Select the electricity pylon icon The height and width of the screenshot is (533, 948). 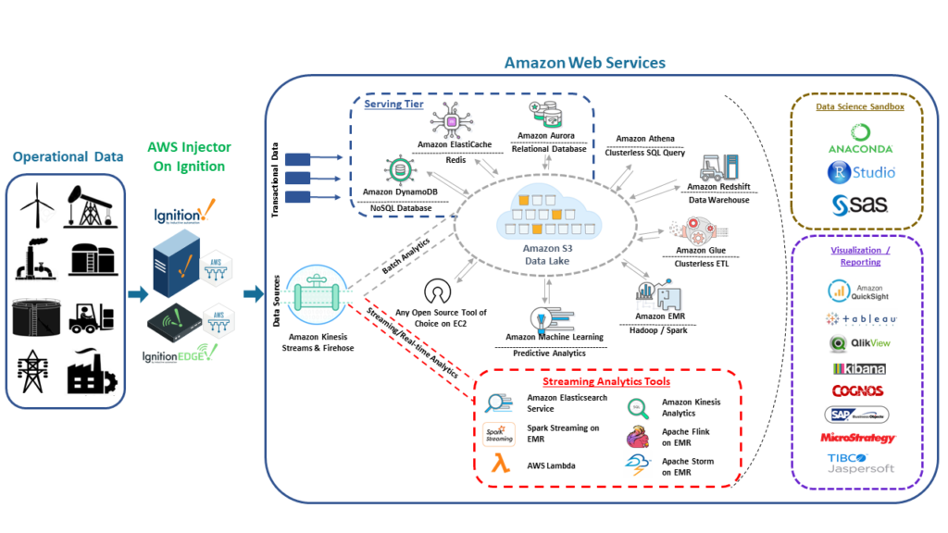pyautogui.click(x=34, y=371)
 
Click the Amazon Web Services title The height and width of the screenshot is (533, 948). pyautogui.click(x=584, y=63)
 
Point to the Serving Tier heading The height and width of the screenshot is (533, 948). pyautogui.click(x=393, y=104)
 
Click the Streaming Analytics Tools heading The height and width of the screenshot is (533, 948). pyautogui.click(x=605, y=381)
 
